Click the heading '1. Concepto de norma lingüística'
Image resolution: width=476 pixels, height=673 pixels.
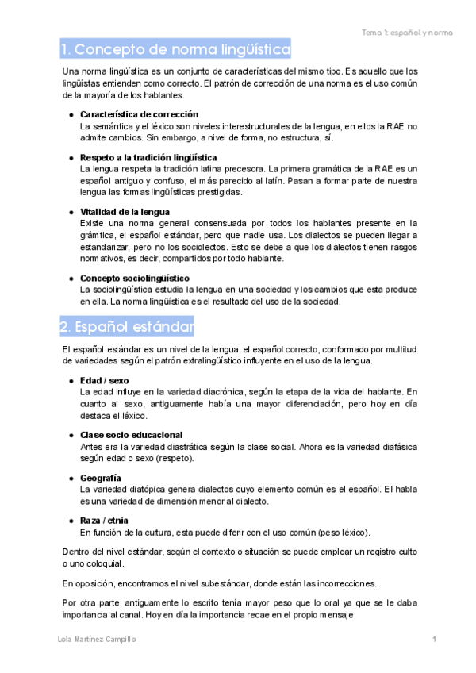click(175, 49)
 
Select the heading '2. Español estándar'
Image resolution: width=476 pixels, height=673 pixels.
click(127, 327)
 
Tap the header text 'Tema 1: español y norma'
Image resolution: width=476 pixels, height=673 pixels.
click(407, 33)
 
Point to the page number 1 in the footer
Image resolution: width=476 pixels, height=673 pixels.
click(435, 640)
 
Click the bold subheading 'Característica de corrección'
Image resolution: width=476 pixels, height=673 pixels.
click(139, 114)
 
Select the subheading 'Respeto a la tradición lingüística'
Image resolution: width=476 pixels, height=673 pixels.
click(148, 157)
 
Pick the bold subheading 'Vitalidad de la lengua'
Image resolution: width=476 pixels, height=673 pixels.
click(125, 212)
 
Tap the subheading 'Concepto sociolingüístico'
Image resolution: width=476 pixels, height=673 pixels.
click(134, 278)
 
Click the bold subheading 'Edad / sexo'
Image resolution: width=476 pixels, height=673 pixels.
click(106, 380)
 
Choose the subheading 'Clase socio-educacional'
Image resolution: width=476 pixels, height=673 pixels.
click(131, 435)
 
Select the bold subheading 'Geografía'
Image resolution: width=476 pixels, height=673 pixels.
click(101, 478)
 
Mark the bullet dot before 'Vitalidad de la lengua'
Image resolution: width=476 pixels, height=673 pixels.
click(71, 212)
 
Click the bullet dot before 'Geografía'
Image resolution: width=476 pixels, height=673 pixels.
click(71, 478)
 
